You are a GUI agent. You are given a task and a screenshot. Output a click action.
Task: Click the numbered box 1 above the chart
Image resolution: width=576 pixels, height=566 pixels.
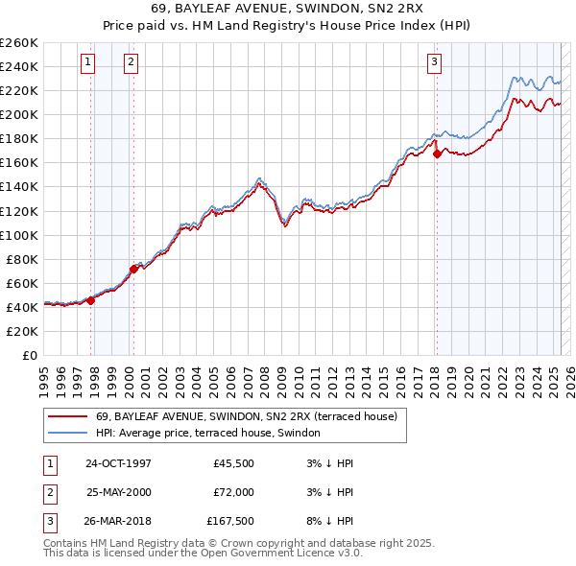click(x=87, y=63)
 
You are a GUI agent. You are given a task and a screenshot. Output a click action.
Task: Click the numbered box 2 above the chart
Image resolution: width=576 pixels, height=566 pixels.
click(x=131, y=63)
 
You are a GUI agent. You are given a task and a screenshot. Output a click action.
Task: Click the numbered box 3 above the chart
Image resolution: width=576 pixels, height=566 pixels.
click(x=434, y=63)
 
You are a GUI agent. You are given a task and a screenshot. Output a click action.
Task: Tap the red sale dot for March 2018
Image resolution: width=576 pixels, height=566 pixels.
click(x=437, y=153)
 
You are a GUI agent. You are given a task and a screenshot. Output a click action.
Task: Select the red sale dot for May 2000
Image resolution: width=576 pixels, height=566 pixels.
click(x=134, y=269)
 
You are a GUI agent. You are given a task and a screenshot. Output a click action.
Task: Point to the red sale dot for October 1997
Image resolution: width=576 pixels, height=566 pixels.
click(x=91, y=300)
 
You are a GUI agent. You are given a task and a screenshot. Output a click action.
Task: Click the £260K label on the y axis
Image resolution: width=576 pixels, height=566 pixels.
click(x=19, y=43)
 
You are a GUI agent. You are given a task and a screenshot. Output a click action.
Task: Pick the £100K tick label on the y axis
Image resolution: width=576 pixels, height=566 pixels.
click(x=19, y=235)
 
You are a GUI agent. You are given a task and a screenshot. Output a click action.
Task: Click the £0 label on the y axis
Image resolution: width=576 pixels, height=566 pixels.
click(x=29, y=355)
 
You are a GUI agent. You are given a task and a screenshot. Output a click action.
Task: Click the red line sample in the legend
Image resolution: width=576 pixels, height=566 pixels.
click(x=67, y=416)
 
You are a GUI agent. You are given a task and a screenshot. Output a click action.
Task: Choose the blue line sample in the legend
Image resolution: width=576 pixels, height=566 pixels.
click(x=67, y=433)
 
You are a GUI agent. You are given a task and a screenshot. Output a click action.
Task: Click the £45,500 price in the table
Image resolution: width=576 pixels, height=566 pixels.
click(x=233, y=463)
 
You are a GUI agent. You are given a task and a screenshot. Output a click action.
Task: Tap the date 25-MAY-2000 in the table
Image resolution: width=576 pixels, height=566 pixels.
click(x=119, y=492)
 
